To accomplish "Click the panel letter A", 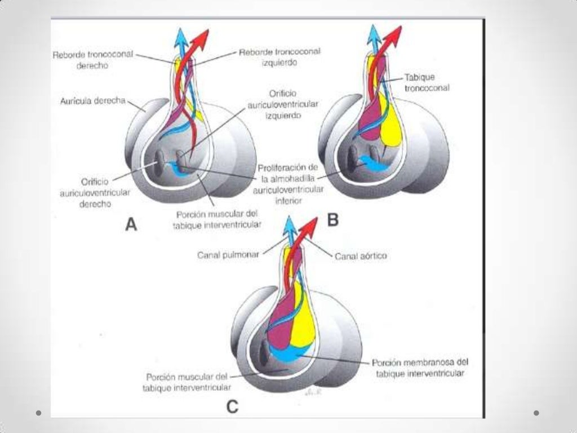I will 131,225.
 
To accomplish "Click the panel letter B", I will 333,220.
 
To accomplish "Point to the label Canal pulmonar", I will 228,255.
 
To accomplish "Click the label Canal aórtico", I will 361,257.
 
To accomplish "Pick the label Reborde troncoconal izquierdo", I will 279,57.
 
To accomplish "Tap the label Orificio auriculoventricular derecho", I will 95,193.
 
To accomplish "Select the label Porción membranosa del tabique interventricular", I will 420,367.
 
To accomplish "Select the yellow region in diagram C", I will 302,321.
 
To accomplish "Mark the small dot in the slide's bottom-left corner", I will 38,413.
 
